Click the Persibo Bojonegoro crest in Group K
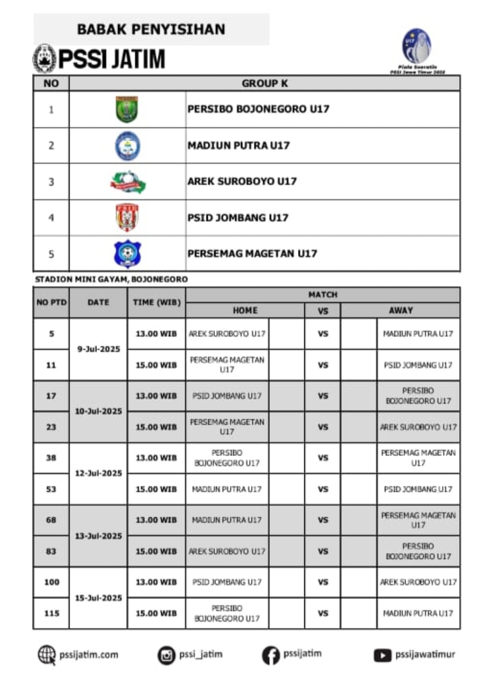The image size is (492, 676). click(x=127, y=109)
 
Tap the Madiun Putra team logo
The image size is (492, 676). click(x=127, y=146)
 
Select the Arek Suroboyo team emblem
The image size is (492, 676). click(x=128, y=182)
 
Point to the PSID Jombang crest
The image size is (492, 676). click(x=127, y=218)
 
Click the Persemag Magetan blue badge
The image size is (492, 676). click(x=127, y=254)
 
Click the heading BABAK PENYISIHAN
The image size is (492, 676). click(x=151, y=30)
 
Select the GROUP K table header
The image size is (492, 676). click(x=265, y=83)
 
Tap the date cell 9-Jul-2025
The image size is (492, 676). click(x=98, y=349)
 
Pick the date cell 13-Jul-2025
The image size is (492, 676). click(x=98, y=536)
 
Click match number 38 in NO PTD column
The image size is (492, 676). click(x=51, y=458)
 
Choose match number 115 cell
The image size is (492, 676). click(x=51, y=614)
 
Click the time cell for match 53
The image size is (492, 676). click(x=156, y=489)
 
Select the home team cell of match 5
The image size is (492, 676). click(x=227, y=334)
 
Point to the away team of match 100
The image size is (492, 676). click(x=418, y=582)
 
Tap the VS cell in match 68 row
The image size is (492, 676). click(x=323, y=520)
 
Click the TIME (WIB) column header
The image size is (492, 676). click(x=156, y=302)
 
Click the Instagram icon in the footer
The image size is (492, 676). click(x=166, y=656)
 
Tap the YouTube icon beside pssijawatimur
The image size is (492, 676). click(x=383, y=656)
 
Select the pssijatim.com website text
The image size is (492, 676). click(x=89, y=655)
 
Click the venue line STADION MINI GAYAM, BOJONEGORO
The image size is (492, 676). click(x=111, y=279)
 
